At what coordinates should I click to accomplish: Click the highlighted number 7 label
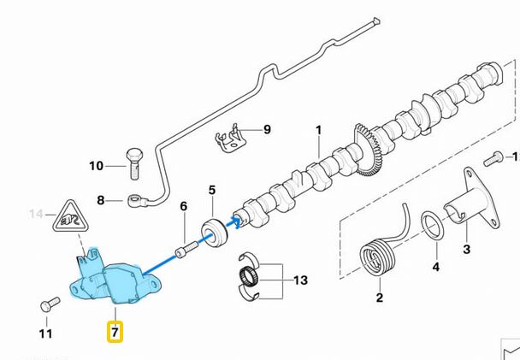(x=115, y=330)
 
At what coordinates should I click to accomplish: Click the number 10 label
(x=96, y=165)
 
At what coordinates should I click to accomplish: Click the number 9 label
(x=266, y=129)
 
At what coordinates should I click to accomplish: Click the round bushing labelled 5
(x=213, y=232)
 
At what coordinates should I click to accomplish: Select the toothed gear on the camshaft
(x=369, y=152)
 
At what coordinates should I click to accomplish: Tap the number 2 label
(x=379, y=298)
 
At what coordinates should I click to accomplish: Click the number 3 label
(x=466, y=250)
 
